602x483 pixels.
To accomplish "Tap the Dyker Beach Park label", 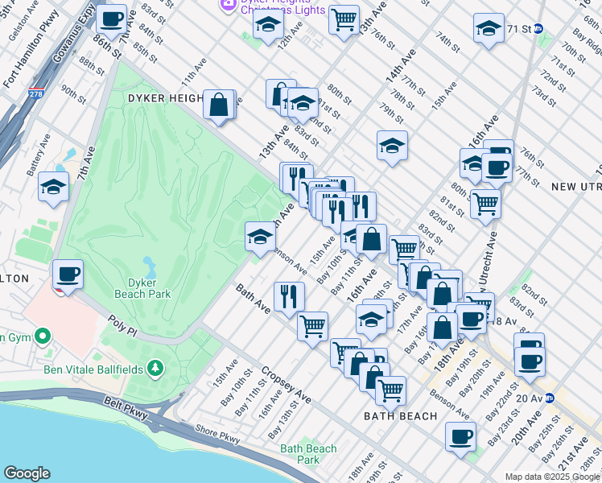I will tap(149, 288).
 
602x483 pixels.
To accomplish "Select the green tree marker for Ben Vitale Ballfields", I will tap(153, 369).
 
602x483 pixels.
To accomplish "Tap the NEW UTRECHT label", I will tap(575, 187).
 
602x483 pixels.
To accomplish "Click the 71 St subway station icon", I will tap(538, 28).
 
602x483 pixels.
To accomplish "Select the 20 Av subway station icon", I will tap(549, 398).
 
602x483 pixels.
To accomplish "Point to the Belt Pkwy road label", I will tap(127, 411).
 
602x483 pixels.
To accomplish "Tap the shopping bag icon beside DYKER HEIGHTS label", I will tap(219, 103).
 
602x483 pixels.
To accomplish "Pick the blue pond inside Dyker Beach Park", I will tap(150, 265).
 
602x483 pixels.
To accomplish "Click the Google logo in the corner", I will tap(27, 473).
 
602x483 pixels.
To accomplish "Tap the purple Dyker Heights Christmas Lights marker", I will tap(227, 6).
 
